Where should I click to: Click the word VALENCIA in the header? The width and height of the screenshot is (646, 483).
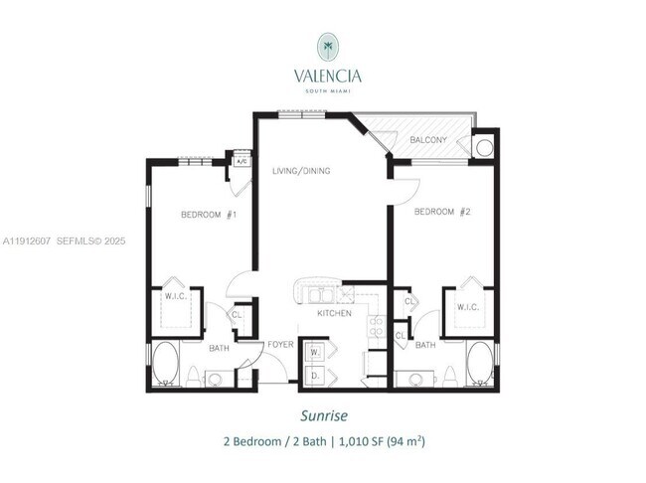tap(327, 76)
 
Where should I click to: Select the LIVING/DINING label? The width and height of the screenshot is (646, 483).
tap(301, 171)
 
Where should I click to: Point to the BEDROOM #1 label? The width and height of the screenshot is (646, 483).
tap(207, 215)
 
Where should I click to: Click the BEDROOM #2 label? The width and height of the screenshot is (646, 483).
tap(441, 211)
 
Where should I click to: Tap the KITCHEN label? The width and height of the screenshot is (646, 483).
tap(335, 313)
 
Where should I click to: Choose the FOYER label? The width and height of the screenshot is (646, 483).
tap(281, 344)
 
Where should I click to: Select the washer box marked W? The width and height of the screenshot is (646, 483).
tap(316, 353)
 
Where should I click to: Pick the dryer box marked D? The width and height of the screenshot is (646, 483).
tap(316, 375)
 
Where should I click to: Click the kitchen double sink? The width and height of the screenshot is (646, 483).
tap(320, 295)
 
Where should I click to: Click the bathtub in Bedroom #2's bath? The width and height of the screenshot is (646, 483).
tap(480, 364)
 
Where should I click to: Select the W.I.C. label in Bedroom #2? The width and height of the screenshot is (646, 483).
tap(468, 306)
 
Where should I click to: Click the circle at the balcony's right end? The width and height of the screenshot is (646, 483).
tap(484, 148)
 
